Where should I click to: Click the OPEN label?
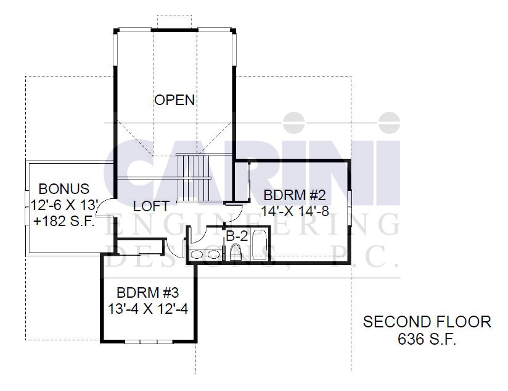pyautogui.click(x=174, y=100)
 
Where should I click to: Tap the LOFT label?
pyautogui.click(x=151, y=206)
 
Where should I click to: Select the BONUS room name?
pyautogui.click(x=64, y=189)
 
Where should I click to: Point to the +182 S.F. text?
pyautogui.click(x=64, y=221)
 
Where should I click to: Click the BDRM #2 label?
pyautogui.click(x=295, y=195)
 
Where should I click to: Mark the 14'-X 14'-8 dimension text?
pyautogui.click(x=295, y=212)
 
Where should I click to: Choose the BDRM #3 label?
pyautogui.click(x=148, y=293)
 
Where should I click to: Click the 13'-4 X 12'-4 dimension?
pyautogui.click(x=148, y=309)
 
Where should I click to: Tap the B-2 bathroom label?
pyautogui.click(x=237, y=236)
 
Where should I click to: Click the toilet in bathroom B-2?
pyautogui.click(x=236, y=253)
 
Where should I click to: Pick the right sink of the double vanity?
pyautogui.click(x=213, y=254)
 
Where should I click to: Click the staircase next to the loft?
pyautogui.click(x=194, y=178)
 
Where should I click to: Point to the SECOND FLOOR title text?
pyautogui.click(x=427, y=322)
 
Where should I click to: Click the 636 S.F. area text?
pyautogui.click(x=427, y=339)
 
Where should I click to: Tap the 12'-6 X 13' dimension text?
pyautogui.click(x=65, y=205)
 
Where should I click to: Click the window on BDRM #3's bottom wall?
pyautogui.click(x=149, y=342)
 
